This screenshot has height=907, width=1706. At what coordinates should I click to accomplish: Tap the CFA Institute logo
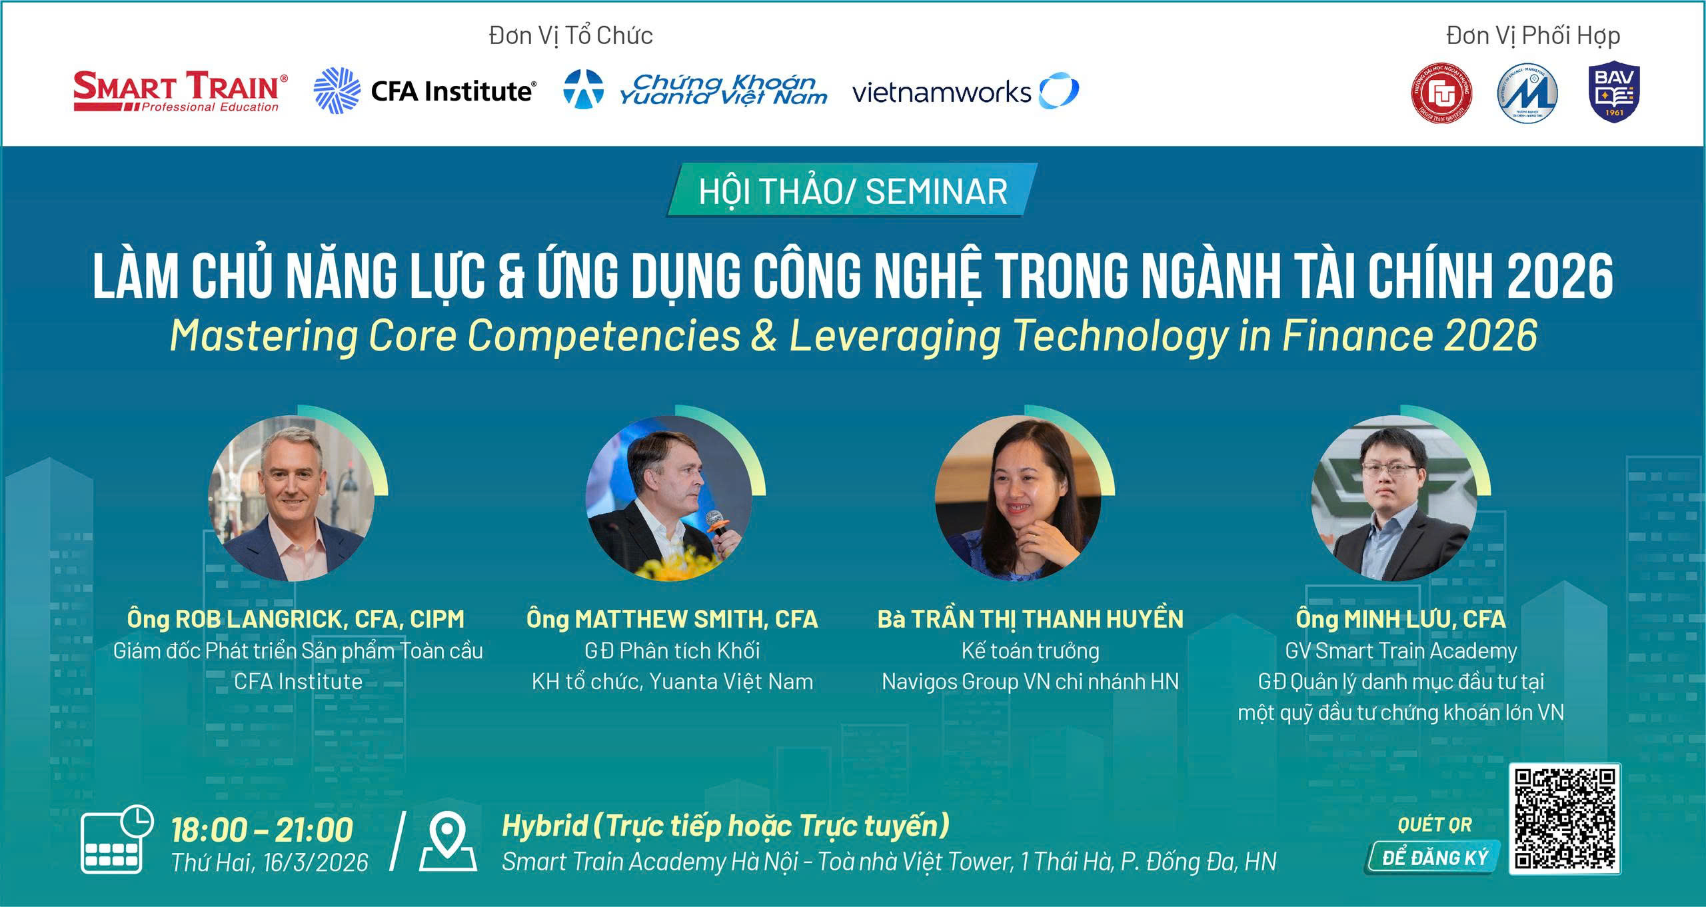coord(425,91)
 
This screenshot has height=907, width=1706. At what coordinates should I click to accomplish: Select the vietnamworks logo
coord(965,91)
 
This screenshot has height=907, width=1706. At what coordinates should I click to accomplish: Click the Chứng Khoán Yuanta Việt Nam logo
coord(695,91)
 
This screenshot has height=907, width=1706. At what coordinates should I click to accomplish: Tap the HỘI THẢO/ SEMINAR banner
coord(852,191)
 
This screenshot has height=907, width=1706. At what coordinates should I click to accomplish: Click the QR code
coord(1565,818)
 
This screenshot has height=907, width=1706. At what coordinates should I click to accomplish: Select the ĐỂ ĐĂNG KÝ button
coord(1434,858)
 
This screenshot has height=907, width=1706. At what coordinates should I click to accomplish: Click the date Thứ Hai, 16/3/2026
coord(270,862)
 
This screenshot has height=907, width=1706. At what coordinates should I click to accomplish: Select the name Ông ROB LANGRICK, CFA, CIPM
coord(296,619)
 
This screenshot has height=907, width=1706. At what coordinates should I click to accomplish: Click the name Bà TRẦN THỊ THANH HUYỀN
coord(1030,619)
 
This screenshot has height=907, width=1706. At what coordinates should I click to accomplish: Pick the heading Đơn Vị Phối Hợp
coord(1533,36)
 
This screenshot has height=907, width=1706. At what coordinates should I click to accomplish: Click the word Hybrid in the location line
coord(545,826)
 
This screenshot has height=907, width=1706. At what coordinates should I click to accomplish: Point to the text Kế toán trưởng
coord(1030,650)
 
